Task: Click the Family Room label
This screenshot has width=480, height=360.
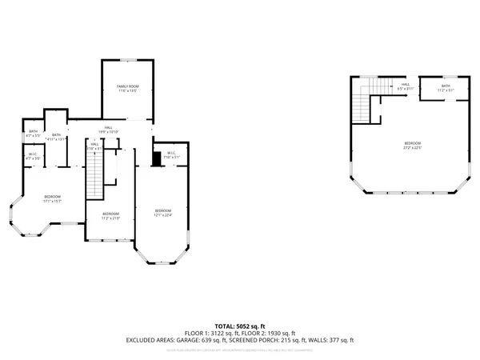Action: (128, 87)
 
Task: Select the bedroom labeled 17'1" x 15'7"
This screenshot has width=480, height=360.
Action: (53, 198)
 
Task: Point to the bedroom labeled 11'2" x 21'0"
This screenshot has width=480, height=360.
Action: (110, 215)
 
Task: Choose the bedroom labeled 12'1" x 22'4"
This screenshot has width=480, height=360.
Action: (162, 212)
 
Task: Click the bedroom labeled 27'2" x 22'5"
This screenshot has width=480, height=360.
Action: (413, 145)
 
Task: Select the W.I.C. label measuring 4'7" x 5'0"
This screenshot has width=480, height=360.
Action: (33, 157)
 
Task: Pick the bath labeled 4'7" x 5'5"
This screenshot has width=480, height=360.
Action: (33, 134)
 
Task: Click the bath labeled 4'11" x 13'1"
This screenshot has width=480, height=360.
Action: (56, 137)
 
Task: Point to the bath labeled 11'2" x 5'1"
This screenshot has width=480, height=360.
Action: (446, 88)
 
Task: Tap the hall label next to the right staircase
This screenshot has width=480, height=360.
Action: (406, 86)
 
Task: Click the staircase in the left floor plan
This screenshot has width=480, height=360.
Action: (96, 176)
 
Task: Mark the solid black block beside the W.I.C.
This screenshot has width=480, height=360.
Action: (157, 158)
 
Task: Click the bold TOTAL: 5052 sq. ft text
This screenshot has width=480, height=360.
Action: (240, 326)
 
